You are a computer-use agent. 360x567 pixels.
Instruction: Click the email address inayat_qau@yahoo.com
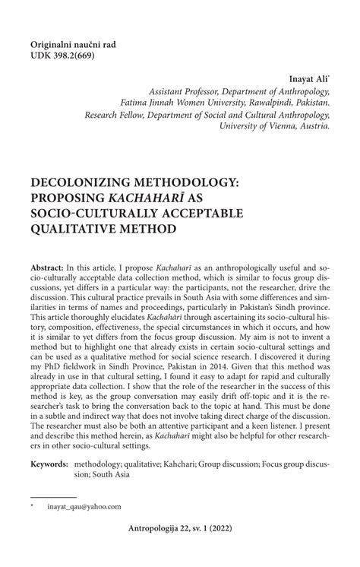(x=84, y=506)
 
